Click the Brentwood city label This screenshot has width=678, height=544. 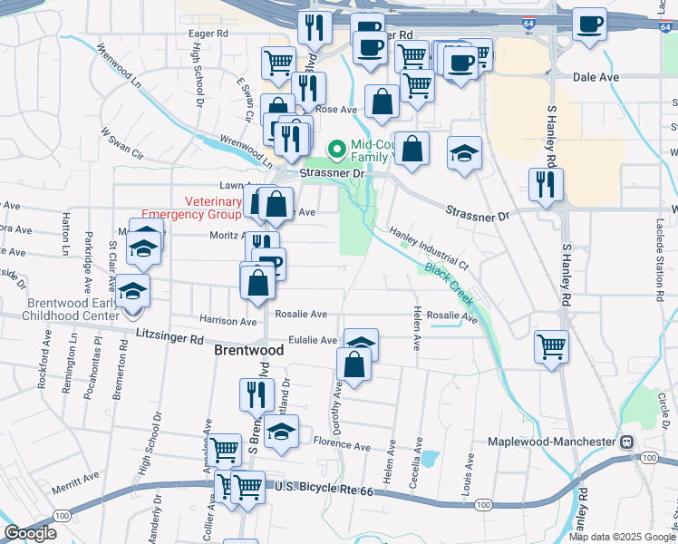click(x=242, y=349)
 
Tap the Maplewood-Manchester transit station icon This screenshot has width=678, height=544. click(x=625, y=442)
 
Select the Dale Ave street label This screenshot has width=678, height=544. click(x=596, y=77)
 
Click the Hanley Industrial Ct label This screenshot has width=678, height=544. click(x=428, y=248)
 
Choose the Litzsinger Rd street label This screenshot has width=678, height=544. click(x=169, y=337)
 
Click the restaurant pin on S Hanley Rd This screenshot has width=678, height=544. click(x=546, y=185)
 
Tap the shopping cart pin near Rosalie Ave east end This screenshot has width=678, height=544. click(x=551, y=345)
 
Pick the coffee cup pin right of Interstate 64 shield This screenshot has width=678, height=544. click(x=589, y=24)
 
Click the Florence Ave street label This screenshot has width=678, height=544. click(x=343, y=446)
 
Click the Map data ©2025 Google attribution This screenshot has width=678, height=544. click(x=622, y=537)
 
